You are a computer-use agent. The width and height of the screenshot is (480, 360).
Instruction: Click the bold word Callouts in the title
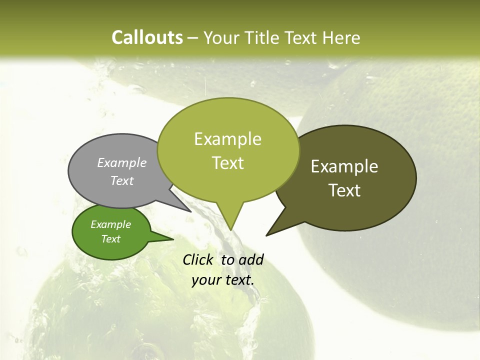(x=147, y=37)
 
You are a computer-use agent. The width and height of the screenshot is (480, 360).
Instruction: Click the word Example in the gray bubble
(x=121, y=162)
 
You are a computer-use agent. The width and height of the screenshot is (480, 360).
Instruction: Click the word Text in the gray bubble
(x=121, y=180)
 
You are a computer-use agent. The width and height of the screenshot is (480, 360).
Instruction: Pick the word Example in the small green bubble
(x=110, y=224)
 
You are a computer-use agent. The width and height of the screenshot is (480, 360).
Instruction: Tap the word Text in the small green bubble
(x=110, y=239)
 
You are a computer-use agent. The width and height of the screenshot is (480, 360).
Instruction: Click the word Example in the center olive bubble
(x=227, y=139)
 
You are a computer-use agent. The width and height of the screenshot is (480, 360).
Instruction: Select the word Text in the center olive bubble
(x=227, y=163)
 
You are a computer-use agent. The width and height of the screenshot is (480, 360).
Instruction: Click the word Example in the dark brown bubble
(x=344, y=166)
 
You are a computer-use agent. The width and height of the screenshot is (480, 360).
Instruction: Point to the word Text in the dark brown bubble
(x=344, y=190)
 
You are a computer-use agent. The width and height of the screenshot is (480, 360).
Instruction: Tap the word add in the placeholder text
(x=251, y=259)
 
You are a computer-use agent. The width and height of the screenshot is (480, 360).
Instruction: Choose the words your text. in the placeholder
(x=223, y=280)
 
